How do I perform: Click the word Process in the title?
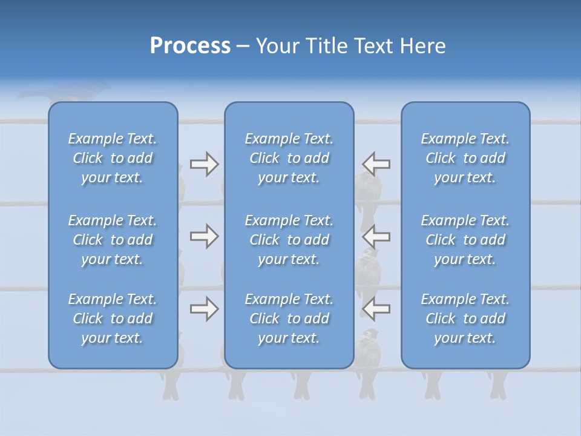coord(190,46)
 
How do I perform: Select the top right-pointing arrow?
coord(204,164)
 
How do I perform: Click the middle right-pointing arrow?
coord(204,236)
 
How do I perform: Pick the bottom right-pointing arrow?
coord(204,309)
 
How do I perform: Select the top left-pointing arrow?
coord(376,164)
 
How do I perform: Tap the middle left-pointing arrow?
coord(376,236)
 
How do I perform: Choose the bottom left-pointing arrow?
coord(376,309)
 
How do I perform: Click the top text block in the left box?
coord(113,158)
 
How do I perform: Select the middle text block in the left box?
coord(113,240)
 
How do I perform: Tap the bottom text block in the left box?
coord(113,319)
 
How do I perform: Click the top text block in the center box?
coord(289,158)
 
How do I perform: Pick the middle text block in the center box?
coord(289,240)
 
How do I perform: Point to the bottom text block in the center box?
coord(289,319)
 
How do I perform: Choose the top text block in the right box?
coord(465,158)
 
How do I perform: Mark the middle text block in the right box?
coord(465,240)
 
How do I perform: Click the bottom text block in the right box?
coord(465,319)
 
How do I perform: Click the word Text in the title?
coord(369,46)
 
